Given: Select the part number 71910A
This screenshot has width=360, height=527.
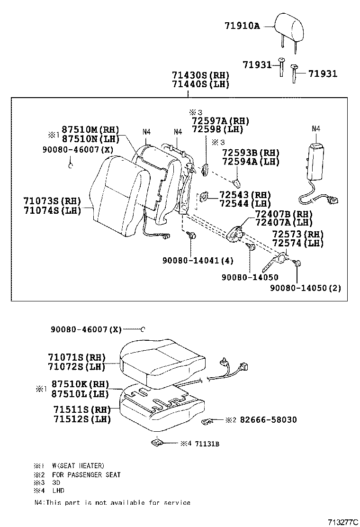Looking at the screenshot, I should point(242,26).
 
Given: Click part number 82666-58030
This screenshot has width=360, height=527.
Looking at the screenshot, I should point(269,420).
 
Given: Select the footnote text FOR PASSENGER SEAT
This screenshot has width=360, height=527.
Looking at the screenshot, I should point(87,474).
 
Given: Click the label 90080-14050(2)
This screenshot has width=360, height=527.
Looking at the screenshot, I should point(306,288).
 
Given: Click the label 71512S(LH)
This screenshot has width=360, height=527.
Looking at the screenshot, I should point(82,419).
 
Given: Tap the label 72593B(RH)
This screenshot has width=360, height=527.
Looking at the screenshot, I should point(251,153).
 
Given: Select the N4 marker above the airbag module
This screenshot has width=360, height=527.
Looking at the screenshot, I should point(316,128).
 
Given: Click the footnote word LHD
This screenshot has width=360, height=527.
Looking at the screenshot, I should point(58,491).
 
